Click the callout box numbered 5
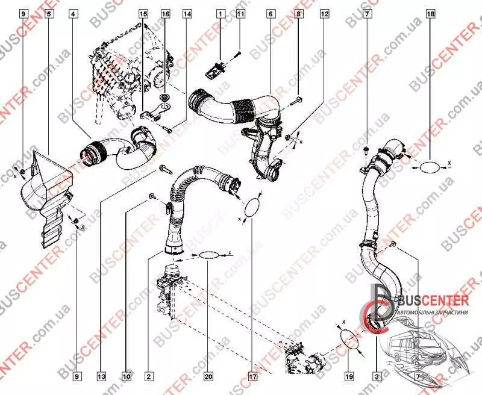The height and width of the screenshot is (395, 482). click(48, 13)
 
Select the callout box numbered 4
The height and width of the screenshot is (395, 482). click(73, 13)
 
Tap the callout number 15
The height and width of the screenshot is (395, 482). click(143, 13)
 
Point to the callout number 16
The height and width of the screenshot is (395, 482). click(166, 13)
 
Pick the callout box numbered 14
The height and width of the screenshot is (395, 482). click(187, 13)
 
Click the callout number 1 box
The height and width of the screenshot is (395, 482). click(221, 13)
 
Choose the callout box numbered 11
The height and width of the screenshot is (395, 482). click(240, 13)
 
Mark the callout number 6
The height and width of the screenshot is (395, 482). click(270, 13)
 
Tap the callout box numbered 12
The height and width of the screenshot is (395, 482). click(325, 13)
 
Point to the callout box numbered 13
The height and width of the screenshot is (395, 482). click(102, 377)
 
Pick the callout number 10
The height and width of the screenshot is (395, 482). click(127, 377)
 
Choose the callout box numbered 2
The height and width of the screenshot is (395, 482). click(148, 377)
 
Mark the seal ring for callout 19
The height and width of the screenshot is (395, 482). click(347, 337)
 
